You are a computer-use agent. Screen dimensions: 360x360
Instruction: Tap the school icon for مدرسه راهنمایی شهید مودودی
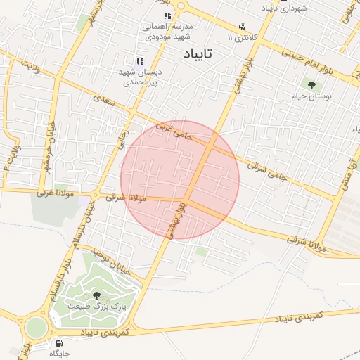[x=167, y=15]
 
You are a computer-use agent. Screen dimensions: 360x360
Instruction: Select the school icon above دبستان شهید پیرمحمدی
[x=139, y=62]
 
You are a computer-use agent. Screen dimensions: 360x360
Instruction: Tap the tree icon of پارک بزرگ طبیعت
[x=96, y=295]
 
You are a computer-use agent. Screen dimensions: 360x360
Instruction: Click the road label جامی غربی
[x=173, y=131]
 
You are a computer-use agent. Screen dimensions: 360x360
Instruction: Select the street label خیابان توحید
[x=117, y=262]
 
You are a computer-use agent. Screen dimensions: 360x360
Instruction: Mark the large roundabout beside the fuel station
[x=34, y=328]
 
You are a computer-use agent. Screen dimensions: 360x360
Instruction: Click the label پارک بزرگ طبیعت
[x=96, y=307]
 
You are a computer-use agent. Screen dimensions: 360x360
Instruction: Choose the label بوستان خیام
[x=311, y=96]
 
